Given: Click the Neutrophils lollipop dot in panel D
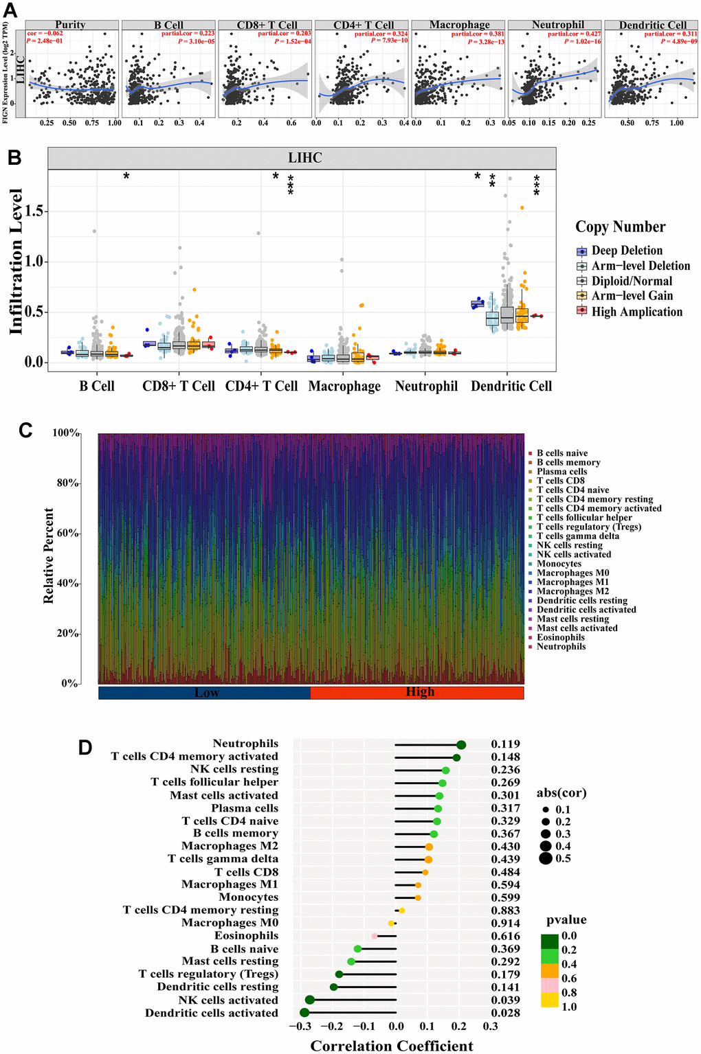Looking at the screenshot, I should point(461,745).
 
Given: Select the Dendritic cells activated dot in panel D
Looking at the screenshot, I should point(304,1013).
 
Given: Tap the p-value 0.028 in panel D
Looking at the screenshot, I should point(505,1013).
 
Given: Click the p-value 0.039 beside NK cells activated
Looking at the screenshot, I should point(505,1000).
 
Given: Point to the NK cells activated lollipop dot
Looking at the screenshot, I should point(309,1000).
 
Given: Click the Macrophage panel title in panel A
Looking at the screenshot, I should point(459,25).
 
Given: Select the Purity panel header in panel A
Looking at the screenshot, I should point(70,25).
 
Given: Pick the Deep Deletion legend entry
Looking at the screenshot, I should point(627,251).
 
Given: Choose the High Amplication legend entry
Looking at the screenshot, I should point(636,312).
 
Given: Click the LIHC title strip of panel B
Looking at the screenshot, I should point(304,158).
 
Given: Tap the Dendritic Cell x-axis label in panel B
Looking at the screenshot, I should point(511,386).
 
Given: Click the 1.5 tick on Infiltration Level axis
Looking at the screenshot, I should point(34,211).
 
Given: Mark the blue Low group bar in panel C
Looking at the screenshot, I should point(205,692).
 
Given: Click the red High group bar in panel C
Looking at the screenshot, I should point(418,692).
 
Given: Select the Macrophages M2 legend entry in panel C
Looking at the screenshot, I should point(572,591).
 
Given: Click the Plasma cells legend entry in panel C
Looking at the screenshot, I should point(561,472).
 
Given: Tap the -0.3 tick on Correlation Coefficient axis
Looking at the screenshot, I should point(300,1027).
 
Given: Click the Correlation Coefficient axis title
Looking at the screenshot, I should point(392,1046).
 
